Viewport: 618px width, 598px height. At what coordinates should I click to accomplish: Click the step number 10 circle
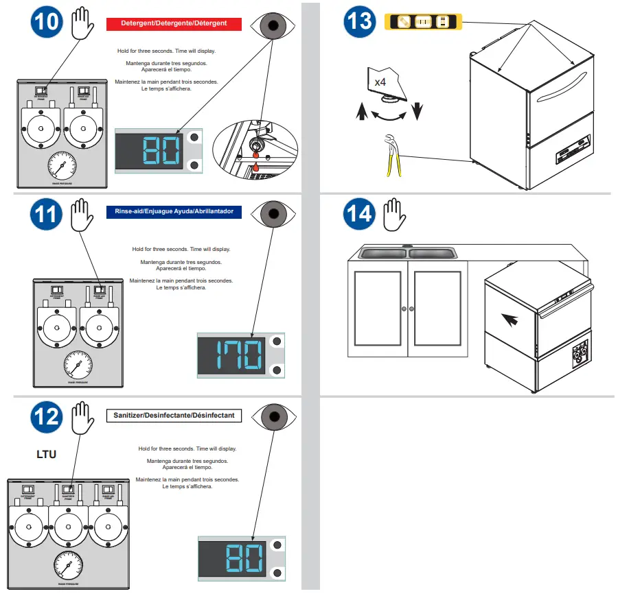click(46, 23)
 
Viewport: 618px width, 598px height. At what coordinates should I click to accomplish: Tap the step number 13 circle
click(359, 23)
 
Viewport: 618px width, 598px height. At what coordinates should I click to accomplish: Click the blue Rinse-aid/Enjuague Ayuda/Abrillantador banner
click(174, 212)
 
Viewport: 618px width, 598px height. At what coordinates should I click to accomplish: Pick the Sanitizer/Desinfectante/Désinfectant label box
click(174, 415)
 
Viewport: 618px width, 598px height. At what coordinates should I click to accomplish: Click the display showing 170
click(241, 355)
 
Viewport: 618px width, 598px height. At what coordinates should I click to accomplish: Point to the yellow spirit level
click(424, 22)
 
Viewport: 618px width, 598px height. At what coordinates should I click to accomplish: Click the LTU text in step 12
click(46, 454)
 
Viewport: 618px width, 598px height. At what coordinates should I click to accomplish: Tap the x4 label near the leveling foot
click(380, 82)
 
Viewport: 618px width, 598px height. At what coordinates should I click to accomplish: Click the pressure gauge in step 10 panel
click(62, 166)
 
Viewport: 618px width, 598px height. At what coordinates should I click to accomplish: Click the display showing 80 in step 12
click(241, 559)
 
